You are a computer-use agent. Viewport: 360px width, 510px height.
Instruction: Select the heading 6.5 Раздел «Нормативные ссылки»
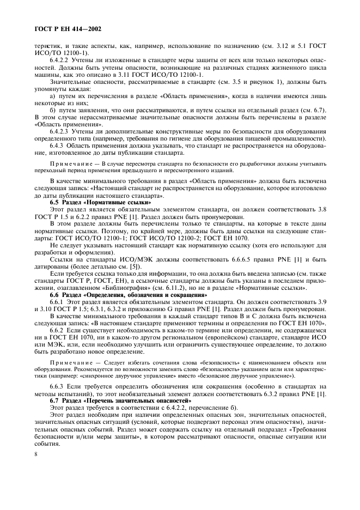[x=97, y=202]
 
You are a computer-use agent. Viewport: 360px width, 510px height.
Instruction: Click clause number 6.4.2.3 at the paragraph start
[x=60, y=131]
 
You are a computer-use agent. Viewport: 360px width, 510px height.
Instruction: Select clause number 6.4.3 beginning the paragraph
[x=58, y=146]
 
